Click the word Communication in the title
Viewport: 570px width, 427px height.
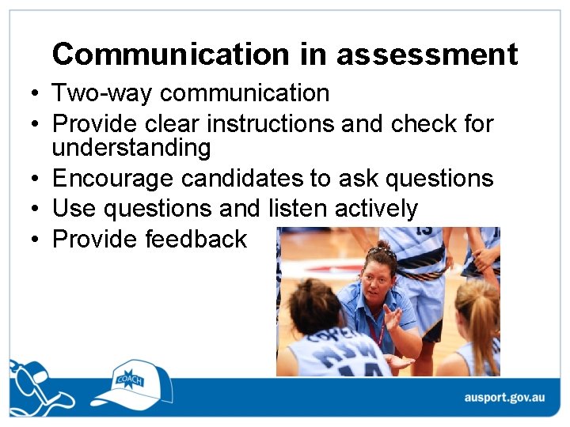[171, 55]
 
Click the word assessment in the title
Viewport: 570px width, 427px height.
[427, 55]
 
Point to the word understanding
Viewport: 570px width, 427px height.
[131, 148]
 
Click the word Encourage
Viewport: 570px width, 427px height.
[113, 179]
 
